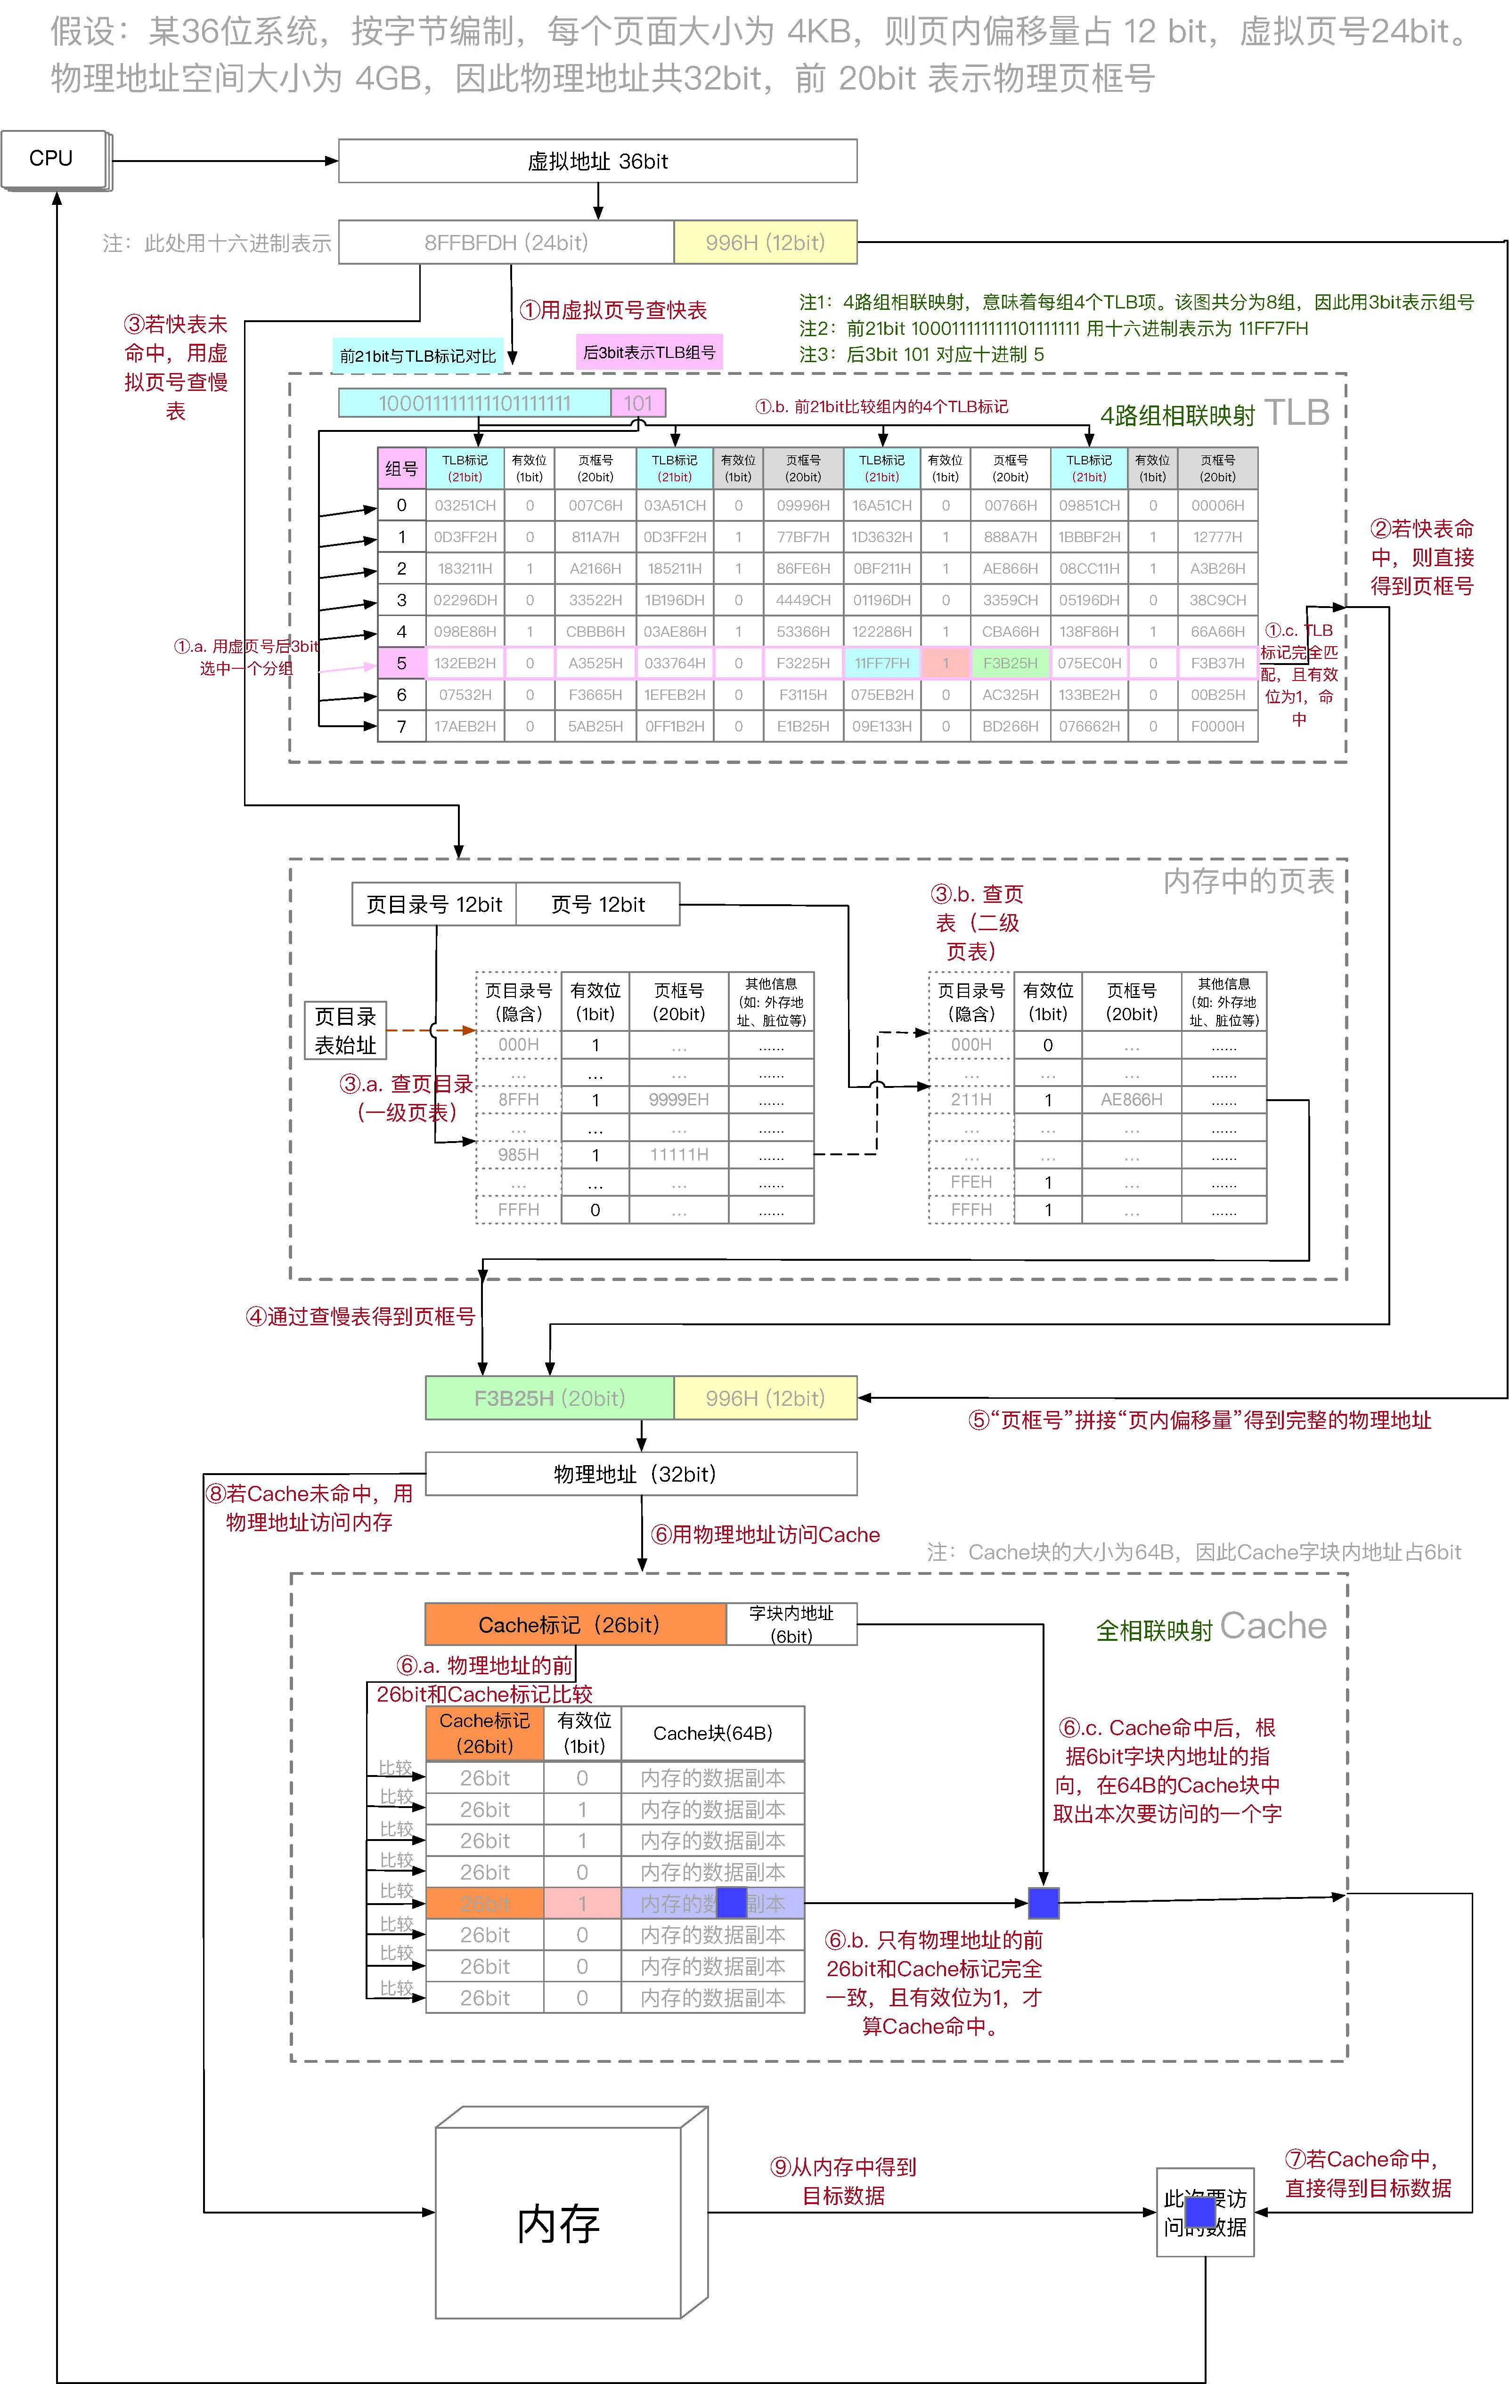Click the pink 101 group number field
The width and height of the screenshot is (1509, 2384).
(x=637, y=403)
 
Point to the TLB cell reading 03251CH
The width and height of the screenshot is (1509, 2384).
(x=465, y=505)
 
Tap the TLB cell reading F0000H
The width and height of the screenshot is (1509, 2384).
(x=1217, y=726)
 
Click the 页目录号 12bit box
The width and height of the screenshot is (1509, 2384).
(x=434, y=904)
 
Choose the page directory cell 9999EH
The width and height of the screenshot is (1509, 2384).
(x=678, y=1099)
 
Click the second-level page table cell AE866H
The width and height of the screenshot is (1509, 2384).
(x=1131, y=1099)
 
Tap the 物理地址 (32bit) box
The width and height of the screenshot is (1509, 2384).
(x=641, y=1473)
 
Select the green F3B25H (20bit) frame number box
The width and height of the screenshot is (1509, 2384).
(x=549, y=1398)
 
